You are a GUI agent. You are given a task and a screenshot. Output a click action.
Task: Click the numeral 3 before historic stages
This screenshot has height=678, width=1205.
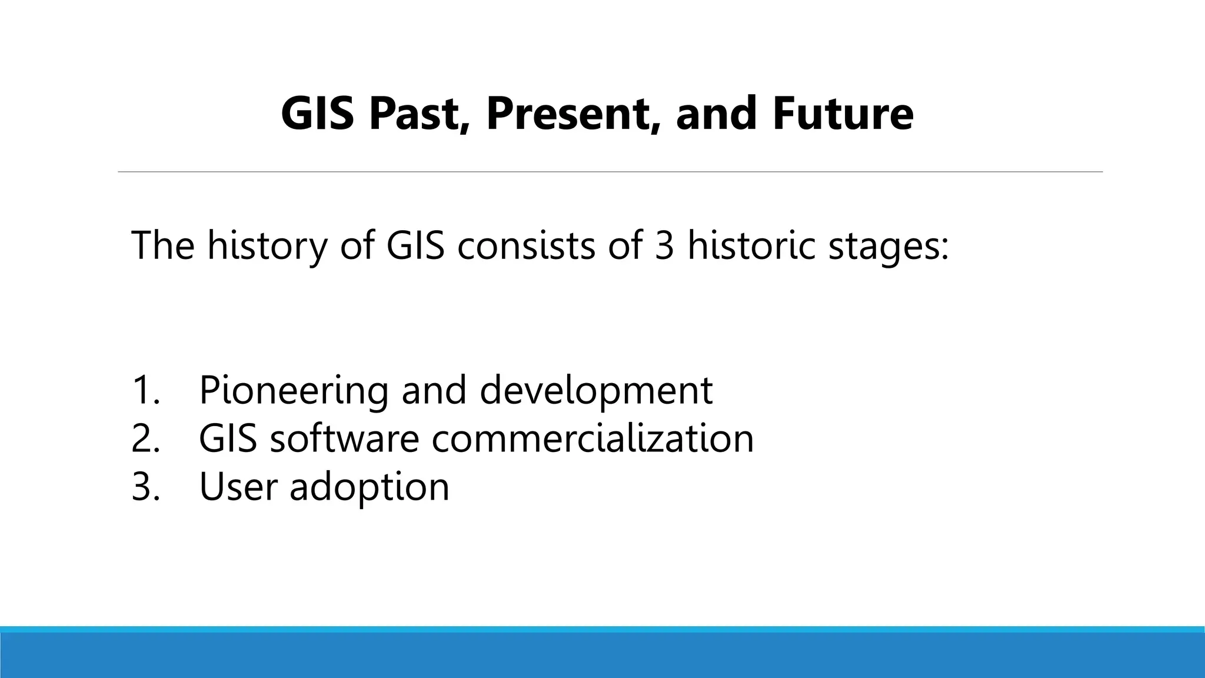(664, 245)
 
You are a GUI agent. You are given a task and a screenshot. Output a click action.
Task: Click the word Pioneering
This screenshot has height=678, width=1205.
(293, 391)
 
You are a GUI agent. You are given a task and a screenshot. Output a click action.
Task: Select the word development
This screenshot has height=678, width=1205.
(596, 391)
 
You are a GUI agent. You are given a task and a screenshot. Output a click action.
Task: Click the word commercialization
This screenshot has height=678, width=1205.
(592, 438)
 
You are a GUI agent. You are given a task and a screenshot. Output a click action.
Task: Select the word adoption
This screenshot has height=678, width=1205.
(369, 488)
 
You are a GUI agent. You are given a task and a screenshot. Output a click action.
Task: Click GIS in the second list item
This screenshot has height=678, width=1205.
(228, 438)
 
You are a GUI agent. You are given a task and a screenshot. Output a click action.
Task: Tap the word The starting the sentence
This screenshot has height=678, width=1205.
(162, 245)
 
